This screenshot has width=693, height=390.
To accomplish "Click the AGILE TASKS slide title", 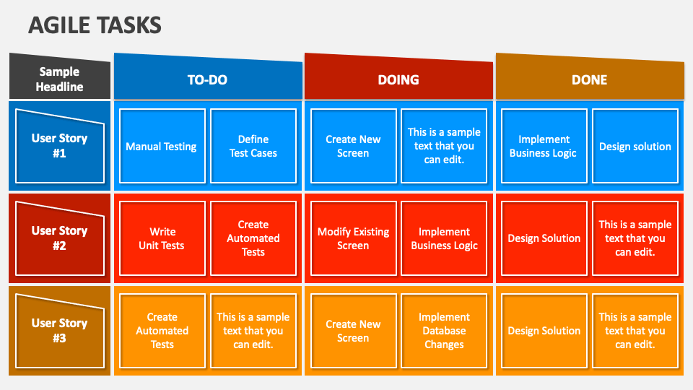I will [x=95, y=25].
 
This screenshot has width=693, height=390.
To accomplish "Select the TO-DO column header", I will [x=207, y=80].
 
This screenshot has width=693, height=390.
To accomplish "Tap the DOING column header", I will [x=398, y=80].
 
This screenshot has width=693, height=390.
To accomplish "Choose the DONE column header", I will [x=589, y=80].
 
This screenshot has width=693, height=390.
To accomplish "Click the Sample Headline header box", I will [x=61, y=79].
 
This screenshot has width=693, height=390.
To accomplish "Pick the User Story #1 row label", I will [x=59, y=145].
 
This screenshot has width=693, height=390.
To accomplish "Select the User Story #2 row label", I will [x=59, y=238].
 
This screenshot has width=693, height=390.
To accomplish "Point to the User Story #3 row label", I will [x=59, y=330].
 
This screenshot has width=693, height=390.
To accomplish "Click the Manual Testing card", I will [x=162, y=146].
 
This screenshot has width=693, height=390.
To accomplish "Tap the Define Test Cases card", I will [x=253, y=146].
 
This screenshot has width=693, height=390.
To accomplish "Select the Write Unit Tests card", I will [x=162, y=238].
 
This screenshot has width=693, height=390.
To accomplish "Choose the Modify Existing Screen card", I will [x=353, y=238].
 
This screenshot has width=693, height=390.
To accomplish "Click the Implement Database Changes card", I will [x=444, y=331].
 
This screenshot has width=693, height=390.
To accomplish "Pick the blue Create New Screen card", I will [x=353, y=146].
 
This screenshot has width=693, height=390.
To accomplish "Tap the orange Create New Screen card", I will [x=353, y=331].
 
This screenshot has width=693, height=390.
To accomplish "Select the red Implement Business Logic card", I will [x=444, y=238].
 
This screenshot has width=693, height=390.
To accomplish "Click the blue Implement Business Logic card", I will [x=544, y=146].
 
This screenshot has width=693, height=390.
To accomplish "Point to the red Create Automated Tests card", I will [x=253, y=238].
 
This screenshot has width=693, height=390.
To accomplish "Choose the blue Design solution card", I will [x=635, y=146].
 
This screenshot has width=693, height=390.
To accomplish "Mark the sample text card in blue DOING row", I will [x=444, y=146].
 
